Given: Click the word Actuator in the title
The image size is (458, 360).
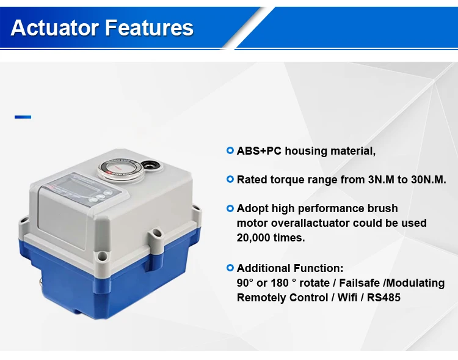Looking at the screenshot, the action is pyautogui.click(x=54, y=28).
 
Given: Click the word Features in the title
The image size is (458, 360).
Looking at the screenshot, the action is pyautogui.click(x=149, y=28).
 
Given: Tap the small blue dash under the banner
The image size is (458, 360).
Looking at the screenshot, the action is pyautogui.click(x=23, y=117).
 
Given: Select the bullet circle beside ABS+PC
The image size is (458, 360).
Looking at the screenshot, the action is pyautogui.click(x=230, y=150).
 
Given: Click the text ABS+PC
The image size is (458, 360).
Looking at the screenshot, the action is pyautogui.click(x=259, y=151).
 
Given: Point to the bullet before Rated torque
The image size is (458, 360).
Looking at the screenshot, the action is pyautogui.click(x=230, y=179).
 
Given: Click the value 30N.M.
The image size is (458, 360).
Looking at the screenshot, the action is pyautogui.click(x=429, y=180).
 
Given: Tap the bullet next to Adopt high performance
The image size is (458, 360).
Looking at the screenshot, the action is pyautogui.click(x=230, y=208).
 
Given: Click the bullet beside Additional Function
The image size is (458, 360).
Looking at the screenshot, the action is pyautogui.click(x=230, y=268).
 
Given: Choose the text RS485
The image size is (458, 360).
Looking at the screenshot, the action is pyautogui.click(x=383, y=298).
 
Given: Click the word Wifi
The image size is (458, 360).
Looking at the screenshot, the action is pyautogui.click(x=347, y=298).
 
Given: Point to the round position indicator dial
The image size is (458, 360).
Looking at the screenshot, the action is pyautogui.click(x=121, y=169).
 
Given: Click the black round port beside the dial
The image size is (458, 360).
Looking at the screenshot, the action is pyautogui.click(x=150, y=166).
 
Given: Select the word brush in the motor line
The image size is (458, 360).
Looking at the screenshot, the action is pyautogui.click(x=382, y=208).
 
